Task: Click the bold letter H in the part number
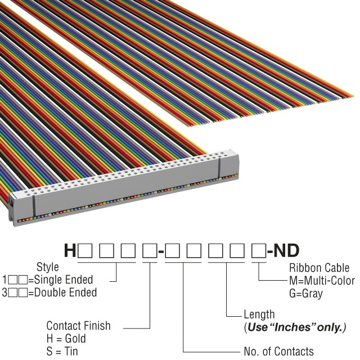pyautogui.click(x=70, y=250)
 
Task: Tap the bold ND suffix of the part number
pyautogui.click(x=287, y=250)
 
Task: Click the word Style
pyautogui.click(x=47, y=267)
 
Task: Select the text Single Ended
pyautogui.click(x=64, y=280)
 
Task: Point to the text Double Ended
pyautogui.click(x=65, y=292)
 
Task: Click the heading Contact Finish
pyautogui.click(x=78, y=326)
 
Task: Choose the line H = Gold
pyautogui.click(x=66, y=339)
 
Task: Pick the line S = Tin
pyautogui.click(x=62, y=352)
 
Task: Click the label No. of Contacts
pyautogui.click(x=279, y=351)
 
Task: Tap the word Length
pyautogui.click(x=259, y=314)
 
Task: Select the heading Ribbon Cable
pyautogui.click(x=319, y=268)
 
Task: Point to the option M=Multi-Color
pyautogui.click(x=322, y=281)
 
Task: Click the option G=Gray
pyautogui.click(x=306, y=294)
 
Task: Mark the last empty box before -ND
pyautogui.click(x=259, y=251)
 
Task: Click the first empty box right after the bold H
pyautogui.click(x=85, y=251)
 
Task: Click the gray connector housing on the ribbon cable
pyautogui.click(x=124, y=188)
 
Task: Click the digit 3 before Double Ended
pyautogui.click(x=4, y=292)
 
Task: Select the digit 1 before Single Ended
pyautogui.click(x=4, y=280)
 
